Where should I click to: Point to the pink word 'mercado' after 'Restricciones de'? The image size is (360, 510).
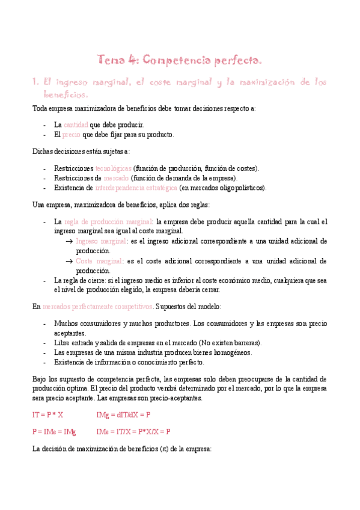point(116,178)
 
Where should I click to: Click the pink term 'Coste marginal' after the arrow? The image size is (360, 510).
point(99,261)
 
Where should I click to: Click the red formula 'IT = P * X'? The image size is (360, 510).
point(47,415)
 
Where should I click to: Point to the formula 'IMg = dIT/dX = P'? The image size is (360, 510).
point(123,415)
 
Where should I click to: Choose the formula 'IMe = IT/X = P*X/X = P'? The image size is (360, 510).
point(133,431)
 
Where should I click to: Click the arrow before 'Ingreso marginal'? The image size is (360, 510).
point(69,241)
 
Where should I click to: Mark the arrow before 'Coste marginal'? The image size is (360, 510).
point(69,261)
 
